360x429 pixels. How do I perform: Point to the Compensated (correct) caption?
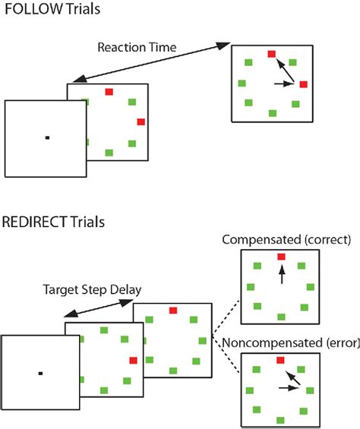point(286,241)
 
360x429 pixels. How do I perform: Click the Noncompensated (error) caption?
point(289,344)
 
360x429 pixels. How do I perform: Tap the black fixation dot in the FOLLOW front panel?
point(46,137)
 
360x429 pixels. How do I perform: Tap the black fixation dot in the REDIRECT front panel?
point(40,373)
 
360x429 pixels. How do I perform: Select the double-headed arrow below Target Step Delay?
point(99,306)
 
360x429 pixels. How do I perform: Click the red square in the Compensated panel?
point(282,257)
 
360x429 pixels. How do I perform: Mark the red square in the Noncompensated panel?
point(282,360)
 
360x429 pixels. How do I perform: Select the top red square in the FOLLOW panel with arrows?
point(272,55)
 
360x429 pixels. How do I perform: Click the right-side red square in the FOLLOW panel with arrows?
point(303,84)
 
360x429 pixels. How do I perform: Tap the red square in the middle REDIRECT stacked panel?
point(134,361)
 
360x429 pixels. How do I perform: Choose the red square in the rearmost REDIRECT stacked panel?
point(173,311)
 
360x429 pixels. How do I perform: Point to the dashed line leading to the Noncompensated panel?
point(226,356)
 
